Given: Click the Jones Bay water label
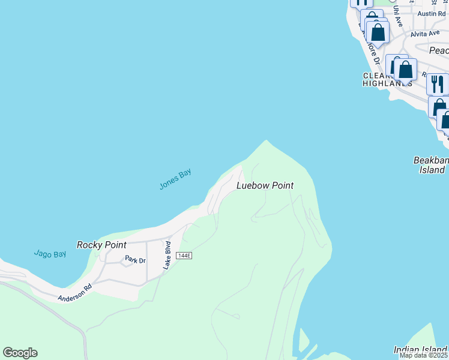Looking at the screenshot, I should click(x=175, y=179).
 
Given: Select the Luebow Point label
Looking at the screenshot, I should click(x=265, y=186).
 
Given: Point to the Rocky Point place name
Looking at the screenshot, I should click(x=101, y=245).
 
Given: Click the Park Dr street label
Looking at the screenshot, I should click(x=135, y=260).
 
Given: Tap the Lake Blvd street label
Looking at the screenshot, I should click(x=168, y=254).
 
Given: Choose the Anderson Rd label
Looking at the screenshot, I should click(x=74, y=293).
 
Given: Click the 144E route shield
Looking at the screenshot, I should click(x=184, y=256).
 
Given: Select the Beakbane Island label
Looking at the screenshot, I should click(x=431, y=165).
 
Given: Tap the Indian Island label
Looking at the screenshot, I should click(x=420, y=350).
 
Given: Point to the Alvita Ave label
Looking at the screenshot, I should click(x=426, y=34).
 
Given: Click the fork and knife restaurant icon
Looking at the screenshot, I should click(x=438, y=84).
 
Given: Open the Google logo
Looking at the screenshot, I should click(x=20, y=353).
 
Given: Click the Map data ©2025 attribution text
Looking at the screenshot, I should click(x=424, y=355).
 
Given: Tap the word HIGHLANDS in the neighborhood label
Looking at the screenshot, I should click(x=387, y=84).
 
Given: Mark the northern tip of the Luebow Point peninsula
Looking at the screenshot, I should click(x=265, y=141).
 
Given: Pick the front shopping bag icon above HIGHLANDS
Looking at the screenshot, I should click(x=405, y=68).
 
